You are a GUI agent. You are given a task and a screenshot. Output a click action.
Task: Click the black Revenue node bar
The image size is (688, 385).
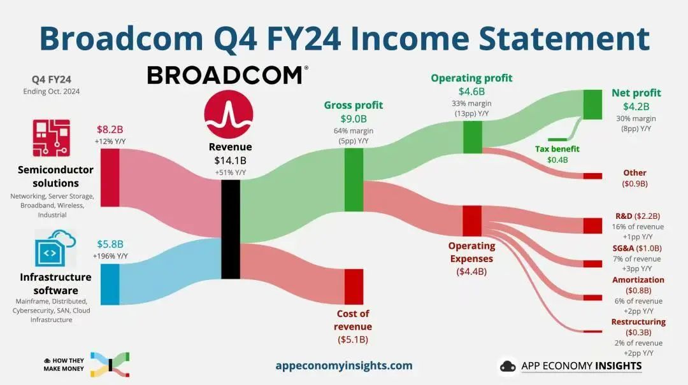231,229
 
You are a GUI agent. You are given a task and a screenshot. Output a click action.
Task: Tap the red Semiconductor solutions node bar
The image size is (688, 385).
110,178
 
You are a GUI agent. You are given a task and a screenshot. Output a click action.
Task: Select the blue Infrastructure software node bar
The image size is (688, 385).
110,284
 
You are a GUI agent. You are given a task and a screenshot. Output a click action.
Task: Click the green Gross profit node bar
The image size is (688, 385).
354,180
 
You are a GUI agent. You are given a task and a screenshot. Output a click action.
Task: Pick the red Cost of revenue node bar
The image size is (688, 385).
354,287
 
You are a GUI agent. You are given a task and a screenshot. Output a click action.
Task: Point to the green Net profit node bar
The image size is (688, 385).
592,104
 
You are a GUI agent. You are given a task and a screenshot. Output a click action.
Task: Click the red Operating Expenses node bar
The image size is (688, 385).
472,221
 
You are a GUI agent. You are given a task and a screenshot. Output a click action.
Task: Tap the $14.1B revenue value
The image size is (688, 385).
231,160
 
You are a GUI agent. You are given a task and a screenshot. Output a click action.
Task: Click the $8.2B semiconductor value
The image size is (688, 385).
110,129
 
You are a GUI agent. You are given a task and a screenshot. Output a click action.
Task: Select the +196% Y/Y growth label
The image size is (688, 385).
110,256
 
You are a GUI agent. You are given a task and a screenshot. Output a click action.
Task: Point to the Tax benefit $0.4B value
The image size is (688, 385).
557,160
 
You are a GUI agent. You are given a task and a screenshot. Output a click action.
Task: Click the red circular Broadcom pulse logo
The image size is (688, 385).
229,115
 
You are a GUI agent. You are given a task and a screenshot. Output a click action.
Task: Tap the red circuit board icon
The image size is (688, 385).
52,137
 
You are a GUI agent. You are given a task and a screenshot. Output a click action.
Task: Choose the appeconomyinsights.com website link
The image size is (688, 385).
344,366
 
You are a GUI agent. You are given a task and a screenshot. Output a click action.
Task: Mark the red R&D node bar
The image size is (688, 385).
592,226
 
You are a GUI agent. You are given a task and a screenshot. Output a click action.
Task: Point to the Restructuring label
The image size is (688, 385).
638,322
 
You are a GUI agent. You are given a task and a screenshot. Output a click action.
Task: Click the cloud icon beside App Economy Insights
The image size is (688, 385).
508,366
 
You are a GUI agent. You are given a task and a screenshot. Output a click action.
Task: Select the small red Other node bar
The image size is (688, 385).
592,176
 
